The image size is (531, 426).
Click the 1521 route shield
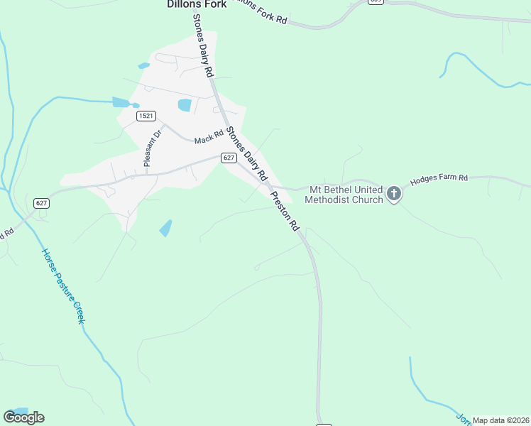coord(147,115)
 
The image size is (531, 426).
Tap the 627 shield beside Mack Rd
coord(228,158)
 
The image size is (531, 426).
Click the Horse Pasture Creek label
coord(62,285)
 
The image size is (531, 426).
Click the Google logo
coord(23,417)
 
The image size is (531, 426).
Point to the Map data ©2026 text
coord(500,420)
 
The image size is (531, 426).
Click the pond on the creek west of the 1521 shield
coord(121,102)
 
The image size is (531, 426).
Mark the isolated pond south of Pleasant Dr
coord(165,228)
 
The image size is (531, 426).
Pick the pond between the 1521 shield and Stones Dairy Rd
coord(185,105)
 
